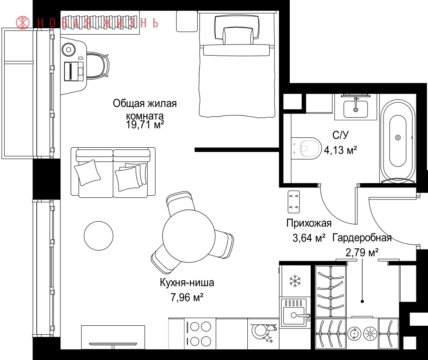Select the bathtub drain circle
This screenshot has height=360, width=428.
(398, 137)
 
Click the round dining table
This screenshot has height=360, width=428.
(189, 236)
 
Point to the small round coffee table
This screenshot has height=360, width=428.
(98, 236)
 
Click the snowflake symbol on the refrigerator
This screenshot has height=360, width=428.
(295, 281)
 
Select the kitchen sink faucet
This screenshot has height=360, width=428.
(304, 316)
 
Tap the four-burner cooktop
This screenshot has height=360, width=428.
(199, 334)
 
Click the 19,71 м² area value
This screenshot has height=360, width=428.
(145, 125)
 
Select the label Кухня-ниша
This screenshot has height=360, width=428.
(187, 283)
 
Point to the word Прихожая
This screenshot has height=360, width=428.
(309, 223)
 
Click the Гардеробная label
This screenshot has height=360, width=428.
(362, 238)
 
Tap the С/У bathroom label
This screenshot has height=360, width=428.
(340, 135)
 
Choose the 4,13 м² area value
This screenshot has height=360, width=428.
(340, 150)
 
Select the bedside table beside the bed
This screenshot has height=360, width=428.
(187, 21)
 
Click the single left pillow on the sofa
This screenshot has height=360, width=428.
(87, 173)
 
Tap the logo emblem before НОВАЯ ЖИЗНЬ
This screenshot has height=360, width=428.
(23, 23)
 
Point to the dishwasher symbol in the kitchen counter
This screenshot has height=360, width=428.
(263, 333)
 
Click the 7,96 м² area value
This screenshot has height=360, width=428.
(187, 297)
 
